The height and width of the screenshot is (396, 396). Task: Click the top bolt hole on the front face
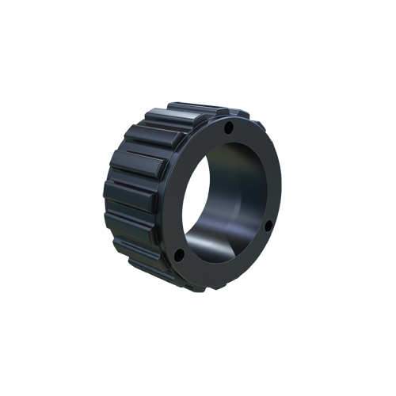click(x=228, y=127)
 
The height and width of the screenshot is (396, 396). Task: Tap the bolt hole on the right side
click(x=268, y=226)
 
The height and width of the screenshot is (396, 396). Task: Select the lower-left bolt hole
click(x=180, y=255)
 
